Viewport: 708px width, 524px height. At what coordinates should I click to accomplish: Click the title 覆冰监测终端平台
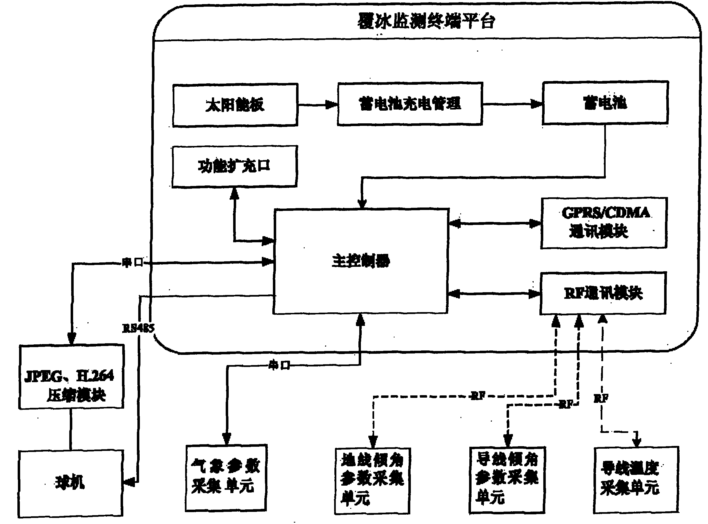point(426,22)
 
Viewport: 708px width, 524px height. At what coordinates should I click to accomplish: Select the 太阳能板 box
point(235,105)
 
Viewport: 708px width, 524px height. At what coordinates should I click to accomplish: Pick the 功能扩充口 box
point(235,166)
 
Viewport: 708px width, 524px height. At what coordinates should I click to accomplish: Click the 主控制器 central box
point(361,261)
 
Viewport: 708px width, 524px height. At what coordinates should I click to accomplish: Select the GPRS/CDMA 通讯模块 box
point(604,223)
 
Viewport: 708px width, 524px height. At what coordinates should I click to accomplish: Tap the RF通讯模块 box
point(603,293)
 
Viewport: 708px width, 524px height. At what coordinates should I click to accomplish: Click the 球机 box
point(70,483)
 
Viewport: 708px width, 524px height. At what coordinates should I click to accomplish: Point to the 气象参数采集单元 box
point(226,478)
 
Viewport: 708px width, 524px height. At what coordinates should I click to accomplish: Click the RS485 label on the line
point(138,328)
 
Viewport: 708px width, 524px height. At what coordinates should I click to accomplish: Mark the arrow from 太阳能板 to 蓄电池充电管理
point(318,105)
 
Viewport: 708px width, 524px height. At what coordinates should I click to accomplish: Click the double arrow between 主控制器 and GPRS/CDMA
point(495,224)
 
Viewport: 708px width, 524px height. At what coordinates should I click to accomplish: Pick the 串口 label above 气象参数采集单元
point(279,365)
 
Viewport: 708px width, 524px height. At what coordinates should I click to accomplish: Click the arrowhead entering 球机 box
point(129,482)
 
